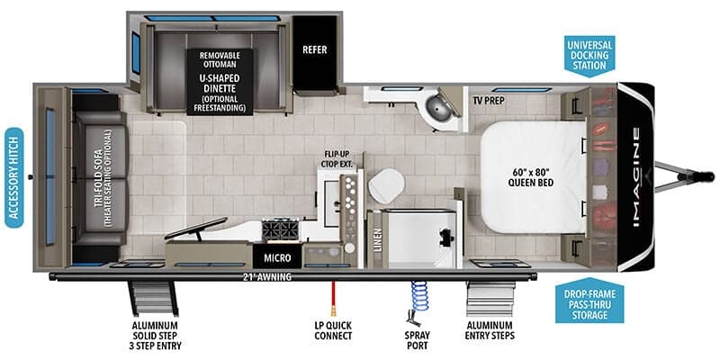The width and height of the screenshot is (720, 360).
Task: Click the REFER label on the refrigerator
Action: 314,49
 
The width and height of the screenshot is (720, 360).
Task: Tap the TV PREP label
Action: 489,101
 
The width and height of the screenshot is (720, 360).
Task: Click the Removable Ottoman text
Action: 220,59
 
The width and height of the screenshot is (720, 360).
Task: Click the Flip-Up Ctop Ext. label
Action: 338,159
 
